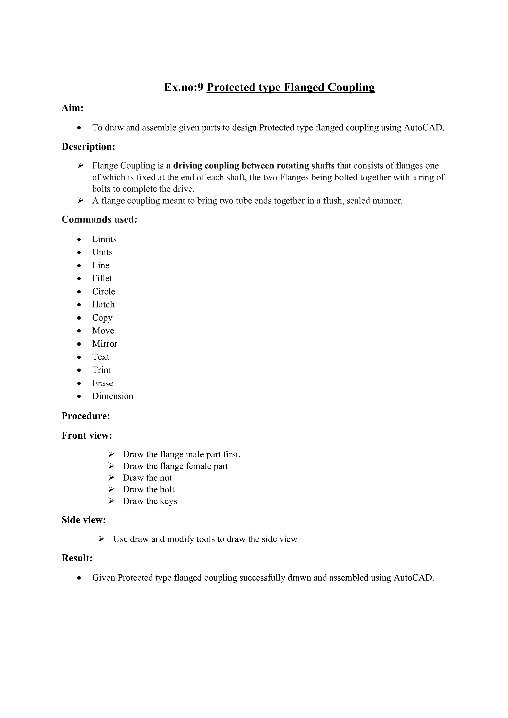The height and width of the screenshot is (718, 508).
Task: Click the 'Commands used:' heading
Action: coord(99,219)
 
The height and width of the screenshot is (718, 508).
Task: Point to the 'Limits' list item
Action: coord(104,239)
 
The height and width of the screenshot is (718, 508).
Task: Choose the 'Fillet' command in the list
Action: coord(102,278)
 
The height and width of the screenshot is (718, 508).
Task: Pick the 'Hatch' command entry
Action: coord(103,305)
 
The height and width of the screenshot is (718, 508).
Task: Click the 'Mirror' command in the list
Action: coord(104,344)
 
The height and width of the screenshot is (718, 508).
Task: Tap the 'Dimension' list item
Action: coord(113,396)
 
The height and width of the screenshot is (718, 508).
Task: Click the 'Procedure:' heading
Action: coord(86,416)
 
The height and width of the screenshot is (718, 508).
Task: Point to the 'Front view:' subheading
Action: coord(87,435)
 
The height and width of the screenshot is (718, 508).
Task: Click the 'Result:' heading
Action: coord(77,558)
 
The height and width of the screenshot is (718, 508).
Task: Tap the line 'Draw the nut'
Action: coord(147,478)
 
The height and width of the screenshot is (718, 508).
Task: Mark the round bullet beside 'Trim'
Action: coord(79,370)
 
